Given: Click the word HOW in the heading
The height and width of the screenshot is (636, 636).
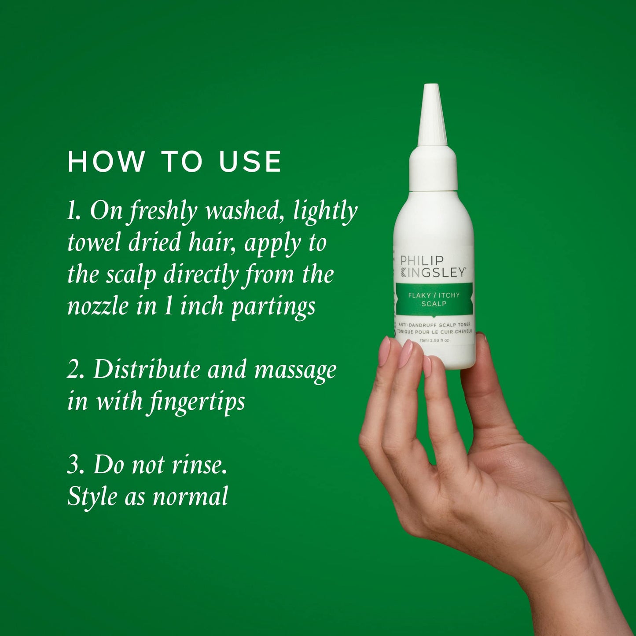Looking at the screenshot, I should coord(106,162).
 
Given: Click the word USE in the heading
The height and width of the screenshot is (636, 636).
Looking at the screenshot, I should coord(250,162).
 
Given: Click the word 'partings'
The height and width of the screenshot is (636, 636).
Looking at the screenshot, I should coord(273,307).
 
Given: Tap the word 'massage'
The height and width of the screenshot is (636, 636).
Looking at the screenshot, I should coord(295,371).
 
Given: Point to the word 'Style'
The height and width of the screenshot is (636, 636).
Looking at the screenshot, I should coord(92,496).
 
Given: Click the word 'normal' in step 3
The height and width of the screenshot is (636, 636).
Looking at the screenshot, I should coord(190,496).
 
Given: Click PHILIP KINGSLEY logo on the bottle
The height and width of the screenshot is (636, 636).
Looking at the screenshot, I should coord(433,267).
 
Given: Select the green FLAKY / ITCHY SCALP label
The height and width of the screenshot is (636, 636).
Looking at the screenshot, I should coord(434,299).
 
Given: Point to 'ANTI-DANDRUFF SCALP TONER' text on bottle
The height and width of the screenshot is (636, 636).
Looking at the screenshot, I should coord(434,325).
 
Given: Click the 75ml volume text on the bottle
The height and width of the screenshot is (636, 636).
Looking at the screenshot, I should coord(424,341).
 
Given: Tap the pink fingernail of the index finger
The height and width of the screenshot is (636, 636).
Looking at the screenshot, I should coord(384,351).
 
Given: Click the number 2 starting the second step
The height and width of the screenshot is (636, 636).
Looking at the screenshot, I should coord(73,370).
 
